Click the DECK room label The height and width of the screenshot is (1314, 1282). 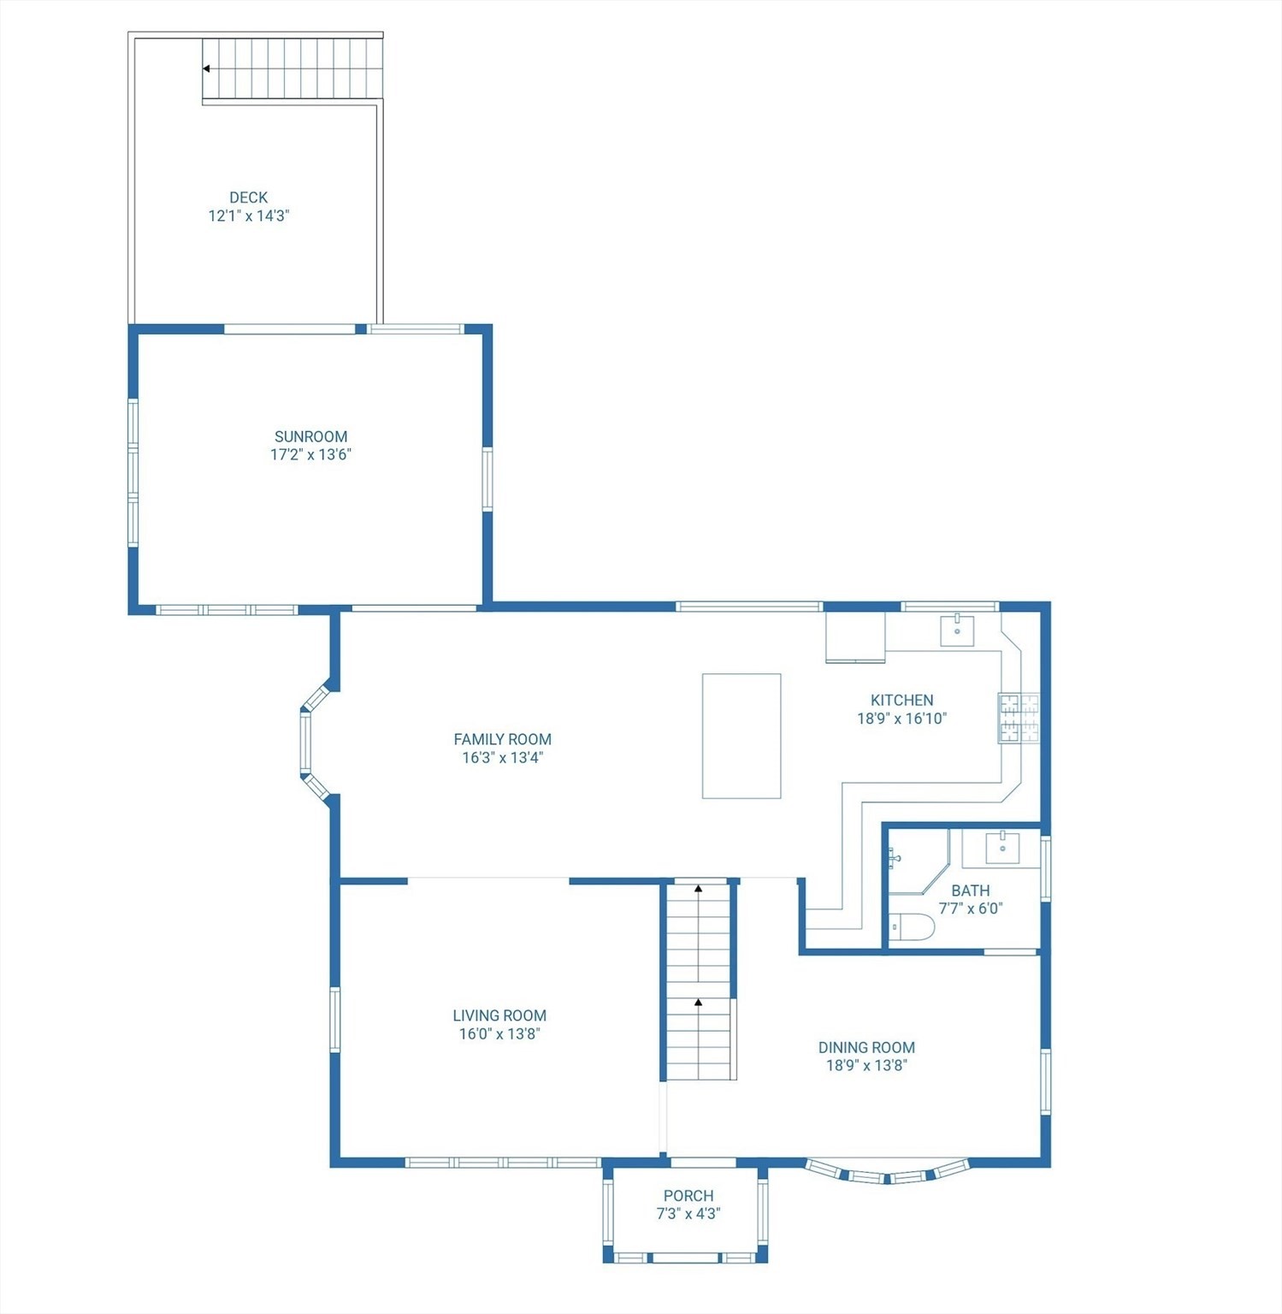pos(248,198)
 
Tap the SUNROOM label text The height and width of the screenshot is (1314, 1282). pos(310,436)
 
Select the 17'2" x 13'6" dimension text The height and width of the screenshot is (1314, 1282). pos(310,455)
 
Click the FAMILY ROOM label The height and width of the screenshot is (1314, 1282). pos(502,739)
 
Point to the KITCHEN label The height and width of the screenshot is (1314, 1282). pos(901,700)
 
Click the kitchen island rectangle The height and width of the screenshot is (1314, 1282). pos(741,736)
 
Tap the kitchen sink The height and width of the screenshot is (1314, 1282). pos(957,630)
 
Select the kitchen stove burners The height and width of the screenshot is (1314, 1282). pos(1019,718)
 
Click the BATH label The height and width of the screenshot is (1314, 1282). pos(970,891)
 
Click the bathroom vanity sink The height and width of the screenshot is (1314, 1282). pos(1001,848)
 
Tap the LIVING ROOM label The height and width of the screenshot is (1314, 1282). pos(499,1015)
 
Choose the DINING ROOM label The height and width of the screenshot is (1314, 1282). pos(866,1047)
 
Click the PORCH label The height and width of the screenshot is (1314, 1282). pos(688,1196)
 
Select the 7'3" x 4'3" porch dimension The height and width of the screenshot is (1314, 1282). pos(688,1214)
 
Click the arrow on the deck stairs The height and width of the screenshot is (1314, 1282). pos(206,68)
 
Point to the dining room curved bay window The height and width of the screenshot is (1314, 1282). pos(887,1174)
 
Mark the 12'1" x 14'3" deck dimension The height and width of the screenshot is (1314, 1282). pos(248,216)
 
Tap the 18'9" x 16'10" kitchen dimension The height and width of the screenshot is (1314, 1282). pos(901,719)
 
